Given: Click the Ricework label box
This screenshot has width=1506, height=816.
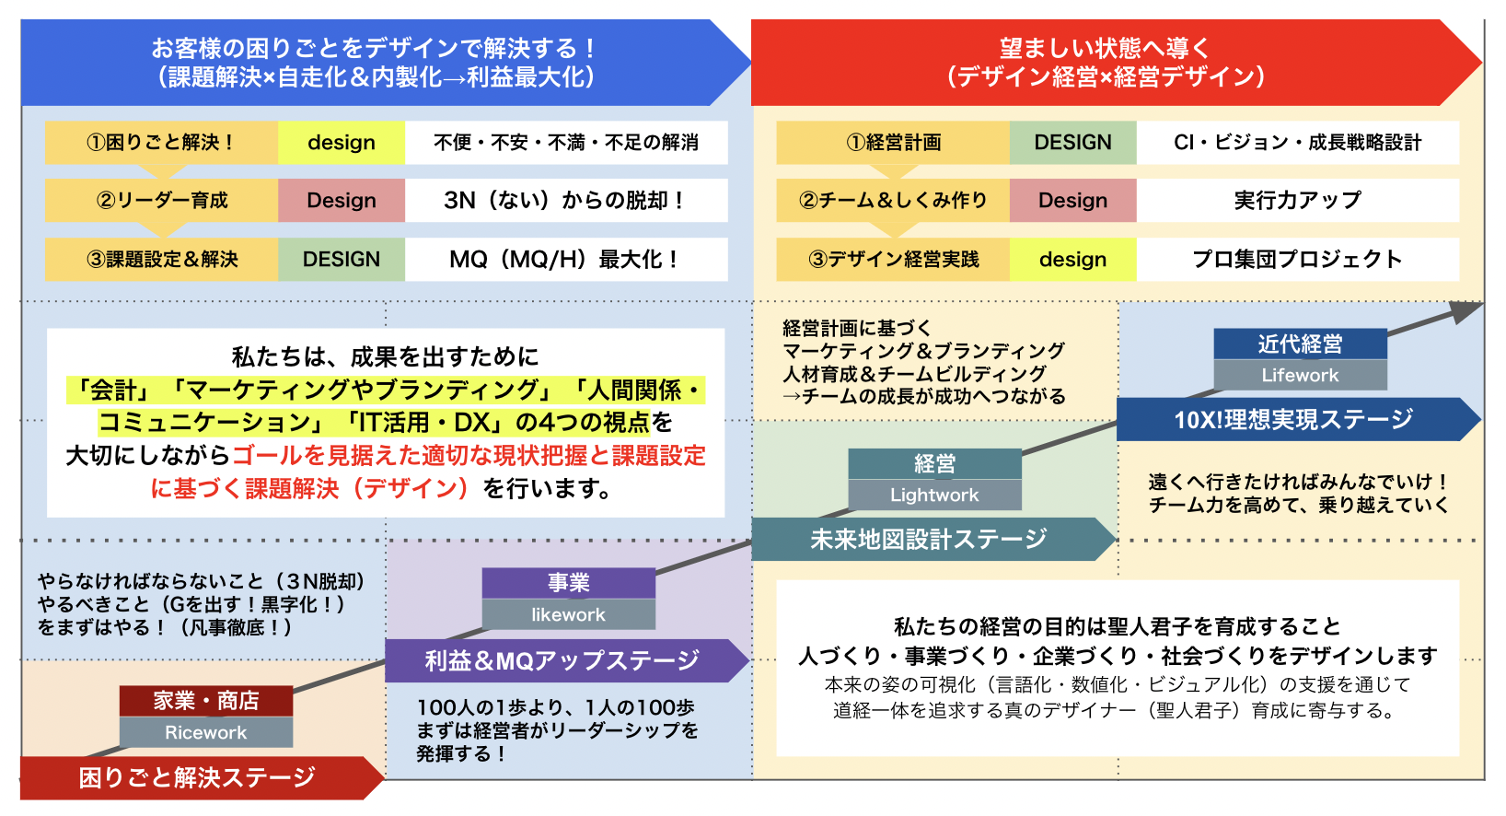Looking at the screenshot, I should pyautogui.click(x=205, y=732).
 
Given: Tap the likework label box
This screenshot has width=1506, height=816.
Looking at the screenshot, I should pyautogui.click(x=568, y=614).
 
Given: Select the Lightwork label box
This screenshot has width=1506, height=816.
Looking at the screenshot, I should pyautogui.click(x=934, y=495).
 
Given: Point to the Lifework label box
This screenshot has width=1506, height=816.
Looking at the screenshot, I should pyautogui.click(x=1300, y=375).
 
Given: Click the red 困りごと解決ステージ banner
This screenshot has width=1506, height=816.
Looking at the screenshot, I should pyautogui.click(x=197, y=777).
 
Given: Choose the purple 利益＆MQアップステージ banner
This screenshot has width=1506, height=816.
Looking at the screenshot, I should pyautogui.click(x=562, y=660).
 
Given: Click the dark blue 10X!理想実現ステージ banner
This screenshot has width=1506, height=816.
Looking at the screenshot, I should pyautogui.click(x=1292, y=419).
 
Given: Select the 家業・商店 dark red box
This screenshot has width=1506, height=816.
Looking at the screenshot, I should pyautogui.click(x=205, y=701).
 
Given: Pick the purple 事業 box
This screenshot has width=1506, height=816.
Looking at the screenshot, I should pyautogui.click(x=568, y=583).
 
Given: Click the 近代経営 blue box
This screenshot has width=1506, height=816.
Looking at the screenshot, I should pyautogui.click(x=1300, y=344).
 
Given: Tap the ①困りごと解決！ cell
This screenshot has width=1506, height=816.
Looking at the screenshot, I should pyautogui.click(x=161, y=143).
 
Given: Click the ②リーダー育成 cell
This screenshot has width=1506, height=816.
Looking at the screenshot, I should pyautogui.click(x=161, y=200).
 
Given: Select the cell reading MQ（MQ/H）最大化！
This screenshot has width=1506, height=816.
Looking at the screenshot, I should pyautogui.click(x=565, y=260).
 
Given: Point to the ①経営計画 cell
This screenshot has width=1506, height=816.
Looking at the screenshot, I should pyautogui.click(x=893, y=143).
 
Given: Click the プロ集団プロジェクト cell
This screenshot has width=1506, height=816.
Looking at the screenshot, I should pyautogui.click(x=1297, y=260).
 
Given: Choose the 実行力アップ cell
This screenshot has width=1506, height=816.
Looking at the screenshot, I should pyautogui.click(x=1297, y=200).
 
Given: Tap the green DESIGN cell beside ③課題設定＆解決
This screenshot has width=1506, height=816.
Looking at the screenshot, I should pyautogui.click(x=341, y=260).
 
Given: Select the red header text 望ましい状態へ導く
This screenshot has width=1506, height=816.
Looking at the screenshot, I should pyautogui.click(x=1105, y=48).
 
